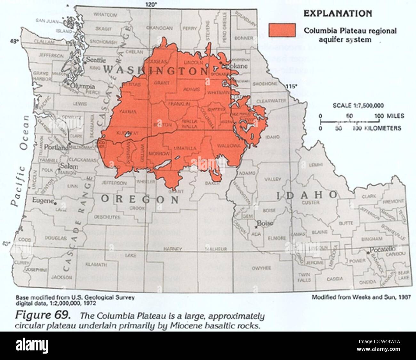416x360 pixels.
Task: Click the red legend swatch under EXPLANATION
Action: pos(282,30)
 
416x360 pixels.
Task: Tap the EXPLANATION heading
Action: pos(337,13)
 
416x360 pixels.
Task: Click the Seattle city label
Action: pos(96,60)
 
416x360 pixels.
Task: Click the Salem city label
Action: pos(69,167)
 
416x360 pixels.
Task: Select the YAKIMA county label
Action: pos(128,112)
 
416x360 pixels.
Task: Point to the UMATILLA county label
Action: pos(185,148)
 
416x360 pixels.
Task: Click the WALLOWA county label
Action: pos(228,146)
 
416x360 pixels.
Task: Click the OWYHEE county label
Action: pos(261,268)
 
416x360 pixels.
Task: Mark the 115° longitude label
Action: pos(292,86)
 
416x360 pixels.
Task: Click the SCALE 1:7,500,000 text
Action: pos(358,106)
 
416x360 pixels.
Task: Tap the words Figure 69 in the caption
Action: pos(43,315)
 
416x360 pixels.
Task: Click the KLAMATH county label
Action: pos(96,265)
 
